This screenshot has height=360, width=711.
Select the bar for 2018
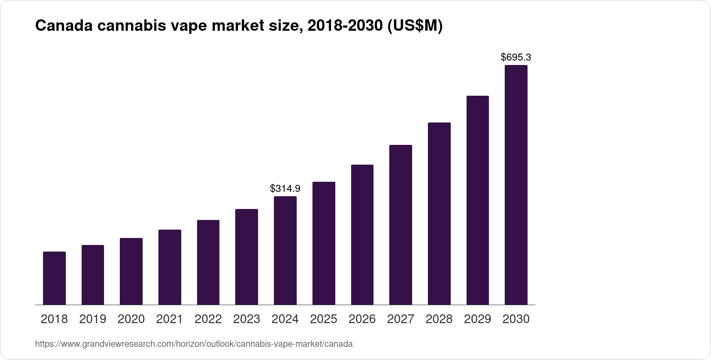(x=54, y=278)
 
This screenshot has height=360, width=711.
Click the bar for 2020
(x=131, y=271)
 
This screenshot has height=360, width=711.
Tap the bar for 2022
(x=208, y=262)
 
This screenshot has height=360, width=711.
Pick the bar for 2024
(x=285, y=251)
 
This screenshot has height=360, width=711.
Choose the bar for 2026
(x=362, y=234)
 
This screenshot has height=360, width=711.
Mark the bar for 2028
(x=439, y=214)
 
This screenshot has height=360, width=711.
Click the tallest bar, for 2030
(x=516, y=185)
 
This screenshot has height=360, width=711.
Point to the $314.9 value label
(x=285, y=189)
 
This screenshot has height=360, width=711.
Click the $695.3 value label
(x=516, y=57)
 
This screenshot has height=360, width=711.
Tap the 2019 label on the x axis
(x=93, y=319)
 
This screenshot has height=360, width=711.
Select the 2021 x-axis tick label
(x=169, y=319)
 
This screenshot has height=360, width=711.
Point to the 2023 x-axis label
(x=247, y=319)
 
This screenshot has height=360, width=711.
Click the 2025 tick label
(x=323, y=319)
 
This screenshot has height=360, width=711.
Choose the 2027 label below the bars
(x=401, y=319)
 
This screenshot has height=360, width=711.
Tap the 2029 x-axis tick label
(x=478, y=319)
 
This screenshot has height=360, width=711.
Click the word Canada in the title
(x=64, y=25)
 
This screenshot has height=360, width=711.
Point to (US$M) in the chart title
(x=415, y=26)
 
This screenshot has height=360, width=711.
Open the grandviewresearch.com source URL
(x=194, y=344)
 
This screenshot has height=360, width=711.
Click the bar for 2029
(x=478, y=200)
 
